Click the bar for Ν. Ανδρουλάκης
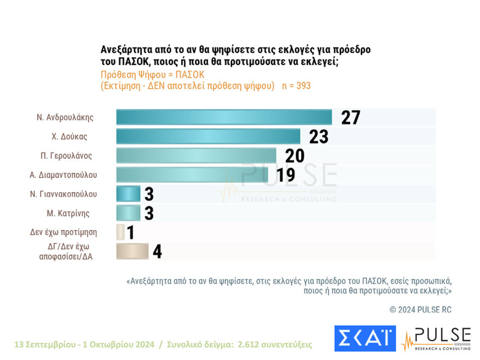point(224,117)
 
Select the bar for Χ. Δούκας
point(208,136)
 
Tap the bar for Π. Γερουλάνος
point(196,155)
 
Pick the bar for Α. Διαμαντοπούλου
point(194,175)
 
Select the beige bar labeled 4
point(132,251)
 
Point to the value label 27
point(351,117)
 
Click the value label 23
point(319,136)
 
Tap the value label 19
point(285,175)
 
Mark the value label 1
point(130,232)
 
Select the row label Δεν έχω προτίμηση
point(63,232)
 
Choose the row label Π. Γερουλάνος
point(67,155)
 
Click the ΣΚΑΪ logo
point(365,338)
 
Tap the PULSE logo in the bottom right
point(436,338)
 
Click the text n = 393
point(296,86)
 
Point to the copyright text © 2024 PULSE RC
point(421,309)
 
